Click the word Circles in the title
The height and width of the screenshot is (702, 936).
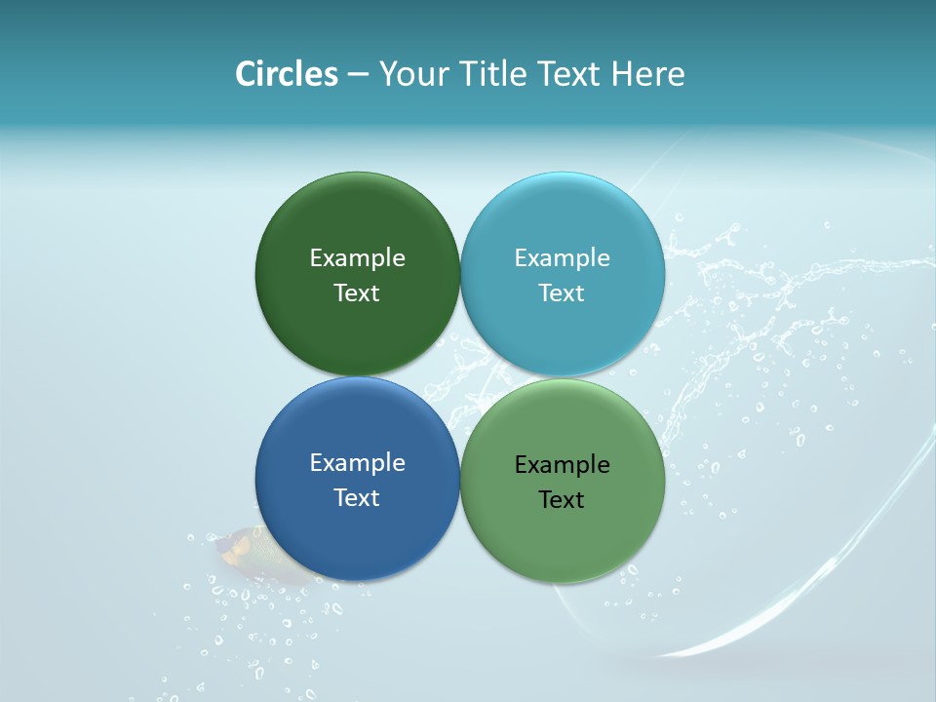click(287, 74)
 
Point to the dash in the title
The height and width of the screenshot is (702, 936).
click(358, 76)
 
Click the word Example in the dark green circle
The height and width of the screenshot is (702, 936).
click(357, 258)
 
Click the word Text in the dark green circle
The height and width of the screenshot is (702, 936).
click(357, 293)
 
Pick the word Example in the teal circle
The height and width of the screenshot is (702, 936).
click(563, 258)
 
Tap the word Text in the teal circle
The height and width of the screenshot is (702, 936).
click(563, 293)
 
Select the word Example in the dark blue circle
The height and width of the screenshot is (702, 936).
click(357, 463)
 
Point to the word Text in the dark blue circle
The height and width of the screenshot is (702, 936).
click(357, 498)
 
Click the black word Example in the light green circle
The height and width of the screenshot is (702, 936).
click(563, 465)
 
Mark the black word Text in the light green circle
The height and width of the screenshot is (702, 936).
click(563, 500)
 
